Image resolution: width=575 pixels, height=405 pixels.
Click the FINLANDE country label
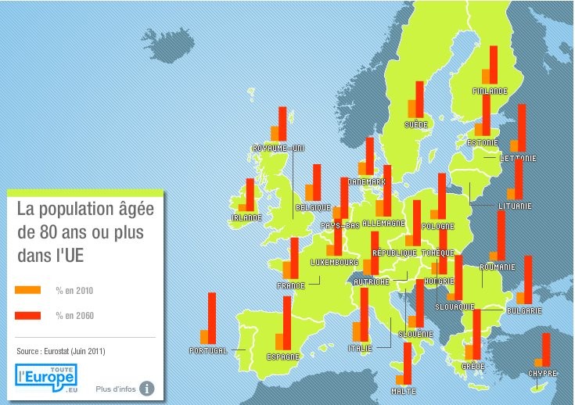pos(490,91)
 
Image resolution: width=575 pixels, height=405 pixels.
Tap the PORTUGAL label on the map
pos(208,351)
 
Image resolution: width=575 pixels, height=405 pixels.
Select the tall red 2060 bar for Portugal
pos(212,317)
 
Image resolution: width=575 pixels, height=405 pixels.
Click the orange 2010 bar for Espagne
pos(279,341)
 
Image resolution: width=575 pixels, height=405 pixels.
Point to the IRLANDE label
pos(246,218)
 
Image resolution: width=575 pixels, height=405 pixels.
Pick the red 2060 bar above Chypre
pos(546,349)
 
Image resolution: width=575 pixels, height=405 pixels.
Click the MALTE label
pos(403,391)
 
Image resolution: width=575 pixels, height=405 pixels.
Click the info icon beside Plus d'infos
pos(146,388)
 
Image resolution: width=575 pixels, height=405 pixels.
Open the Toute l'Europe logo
pos(46,375)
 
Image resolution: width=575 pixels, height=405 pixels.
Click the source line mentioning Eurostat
pos(61,351)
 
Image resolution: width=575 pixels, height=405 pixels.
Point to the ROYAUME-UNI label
pos(279,148)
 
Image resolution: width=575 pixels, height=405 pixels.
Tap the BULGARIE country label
pos(524,310)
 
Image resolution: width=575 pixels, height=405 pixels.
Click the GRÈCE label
pos(473,366)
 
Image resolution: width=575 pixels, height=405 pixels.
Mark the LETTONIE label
pos(518,159)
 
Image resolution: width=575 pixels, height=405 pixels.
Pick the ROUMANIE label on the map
pos(498,267)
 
